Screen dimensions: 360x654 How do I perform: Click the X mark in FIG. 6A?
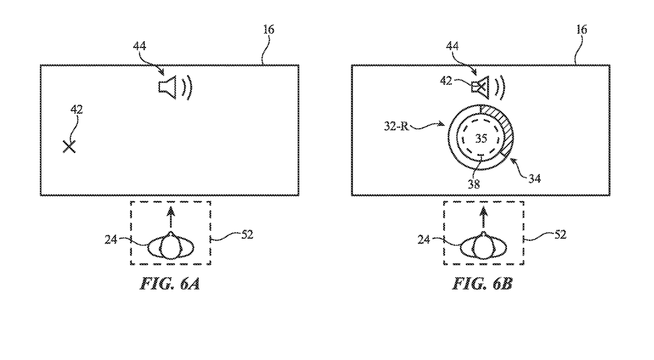[x=69, y=147]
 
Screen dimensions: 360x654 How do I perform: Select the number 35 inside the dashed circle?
[x=481, y=138]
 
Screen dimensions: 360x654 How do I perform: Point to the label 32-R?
[x=396, y=126]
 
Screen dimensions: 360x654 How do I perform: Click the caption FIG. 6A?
[x=170, y=284]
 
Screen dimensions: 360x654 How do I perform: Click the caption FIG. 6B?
[x=482, y=284]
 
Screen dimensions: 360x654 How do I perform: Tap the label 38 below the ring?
[x=473, y=184]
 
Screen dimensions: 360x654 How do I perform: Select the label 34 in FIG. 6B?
[x=534, y=179]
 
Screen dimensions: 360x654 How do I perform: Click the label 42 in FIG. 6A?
[x=77, y=110]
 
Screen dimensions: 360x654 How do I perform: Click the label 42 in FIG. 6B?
[x=446, y=80]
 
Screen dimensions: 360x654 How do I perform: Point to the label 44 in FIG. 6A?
[x=139, y=46]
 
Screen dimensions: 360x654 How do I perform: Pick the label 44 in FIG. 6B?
[x=452, y=46]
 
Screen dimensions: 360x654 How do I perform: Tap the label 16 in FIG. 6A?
[x=268, y=30]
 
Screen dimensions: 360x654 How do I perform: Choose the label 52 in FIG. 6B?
[x=560, y=234]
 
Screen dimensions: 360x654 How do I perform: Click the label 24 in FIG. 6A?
[x=111, y=240]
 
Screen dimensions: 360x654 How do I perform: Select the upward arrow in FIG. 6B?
[x=483, y=217]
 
